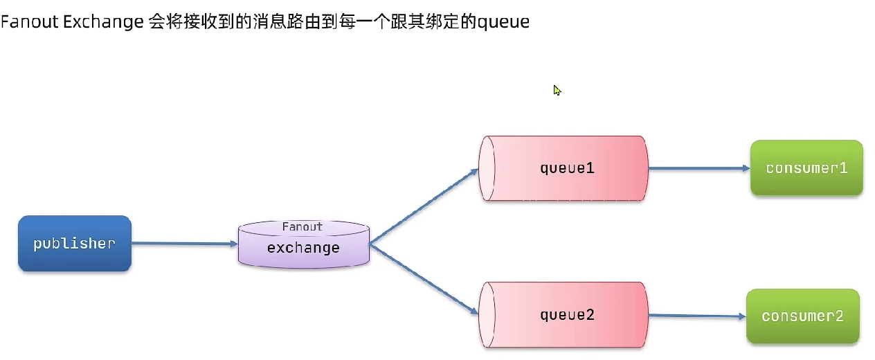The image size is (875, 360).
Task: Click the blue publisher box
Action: click(x=74, y=243)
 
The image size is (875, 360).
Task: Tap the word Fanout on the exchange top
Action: click(x=303, y=227)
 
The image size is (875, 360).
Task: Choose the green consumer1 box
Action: click(x=806, y=168)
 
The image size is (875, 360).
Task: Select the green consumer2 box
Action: click(x=802, y=316)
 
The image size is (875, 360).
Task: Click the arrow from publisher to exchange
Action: click(x=184, y=243)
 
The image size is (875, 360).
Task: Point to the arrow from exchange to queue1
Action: click(x=424, y=206)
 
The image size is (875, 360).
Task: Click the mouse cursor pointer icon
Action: click(x=557, y=90)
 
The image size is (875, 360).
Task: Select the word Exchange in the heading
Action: click(x=103, y=22)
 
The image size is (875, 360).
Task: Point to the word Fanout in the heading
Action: click(x=30, y=22)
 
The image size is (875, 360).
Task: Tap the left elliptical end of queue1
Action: click(x=487, y=168)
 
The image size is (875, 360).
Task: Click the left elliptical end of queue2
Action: click(x=487, y=315)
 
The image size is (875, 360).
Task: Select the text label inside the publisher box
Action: click(x=74, y=244)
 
